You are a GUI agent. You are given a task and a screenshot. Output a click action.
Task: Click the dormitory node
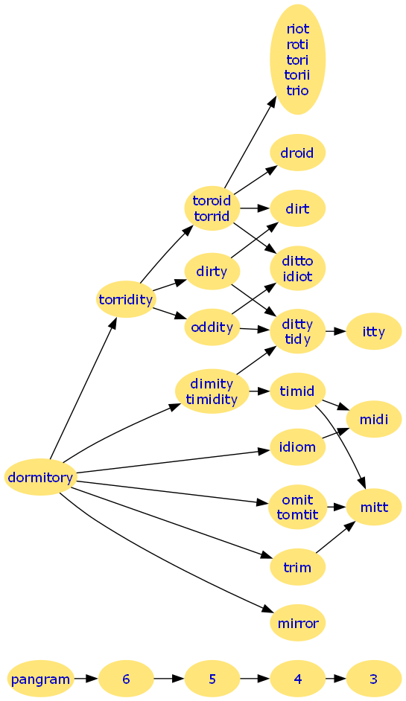pos(40,477)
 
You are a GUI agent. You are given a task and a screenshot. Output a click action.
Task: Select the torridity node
pos(126,299)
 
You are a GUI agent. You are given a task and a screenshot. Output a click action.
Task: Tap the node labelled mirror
pos(298,623)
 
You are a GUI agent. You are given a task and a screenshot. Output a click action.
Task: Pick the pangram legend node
pos(40,679)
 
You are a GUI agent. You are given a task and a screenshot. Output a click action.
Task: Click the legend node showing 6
pos(126,679)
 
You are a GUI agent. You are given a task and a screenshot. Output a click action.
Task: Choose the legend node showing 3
pos(374,679)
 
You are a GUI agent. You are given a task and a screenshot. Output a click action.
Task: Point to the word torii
pos(297,74)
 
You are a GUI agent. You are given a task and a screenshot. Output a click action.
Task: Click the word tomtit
pos(297,514)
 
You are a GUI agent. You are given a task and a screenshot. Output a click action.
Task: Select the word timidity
pos(212,399)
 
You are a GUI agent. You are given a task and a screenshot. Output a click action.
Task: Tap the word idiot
pos(297,276)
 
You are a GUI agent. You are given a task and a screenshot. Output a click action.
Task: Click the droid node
pos(298,153)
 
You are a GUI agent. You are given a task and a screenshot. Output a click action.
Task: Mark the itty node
pos(374,331)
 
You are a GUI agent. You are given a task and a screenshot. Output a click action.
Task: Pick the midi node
pos(374,419)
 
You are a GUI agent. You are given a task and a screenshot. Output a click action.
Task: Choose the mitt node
pos(374,507)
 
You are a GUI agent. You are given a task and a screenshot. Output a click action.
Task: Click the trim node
pos(298,567)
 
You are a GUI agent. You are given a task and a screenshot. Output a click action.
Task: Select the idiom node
pos(298,446)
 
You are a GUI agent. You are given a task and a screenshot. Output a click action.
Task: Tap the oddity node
pos(212,327)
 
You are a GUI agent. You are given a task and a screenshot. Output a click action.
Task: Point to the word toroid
pos(212,200)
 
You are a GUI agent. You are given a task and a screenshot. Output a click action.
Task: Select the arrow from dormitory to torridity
pos(83,387)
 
